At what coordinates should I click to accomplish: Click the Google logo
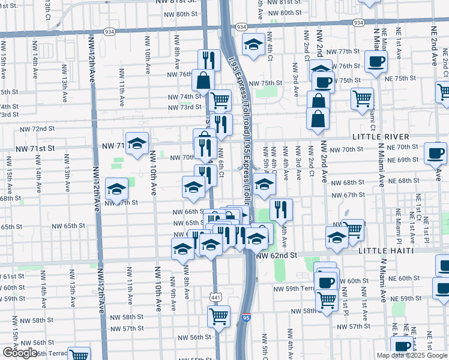coord(20,353)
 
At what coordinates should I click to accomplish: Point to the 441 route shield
coord(216,298)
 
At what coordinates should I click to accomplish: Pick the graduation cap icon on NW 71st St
coord(137,143)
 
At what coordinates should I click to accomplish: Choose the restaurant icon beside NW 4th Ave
coord(281,209)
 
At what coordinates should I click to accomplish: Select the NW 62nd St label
coord(277,255)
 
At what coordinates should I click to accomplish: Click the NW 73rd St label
coord(184,107)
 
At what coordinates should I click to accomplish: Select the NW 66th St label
coord(187,212)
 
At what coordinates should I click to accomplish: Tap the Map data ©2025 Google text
coord(412,355)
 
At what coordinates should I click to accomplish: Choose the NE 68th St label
coord(403,181)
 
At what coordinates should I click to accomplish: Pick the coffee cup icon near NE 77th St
coord(376,61)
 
